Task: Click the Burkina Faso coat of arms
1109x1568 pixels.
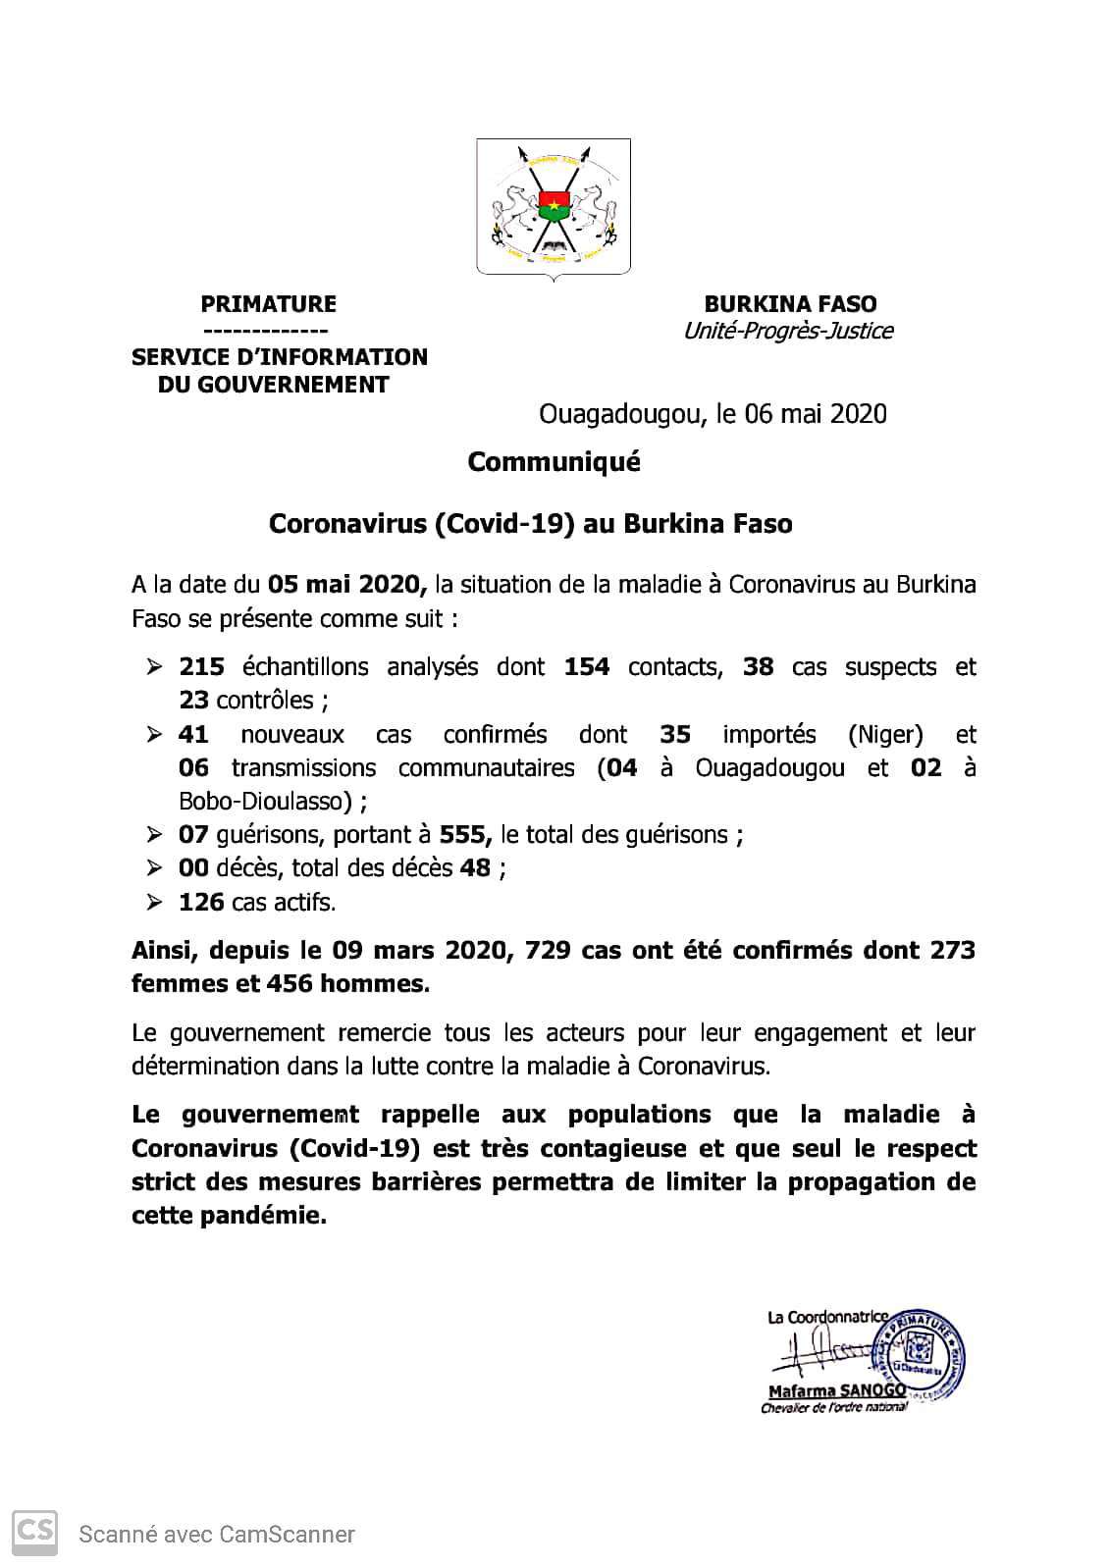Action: point(553,207)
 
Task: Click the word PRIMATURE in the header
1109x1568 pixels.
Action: point(268,304)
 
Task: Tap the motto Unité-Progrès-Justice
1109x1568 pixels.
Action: point(788,331)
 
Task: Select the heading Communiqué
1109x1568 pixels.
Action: point(554,461)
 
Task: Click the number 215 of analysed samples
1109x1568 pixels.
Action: point(201,667)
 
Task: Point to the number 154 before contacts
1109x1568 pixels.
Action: point(587,667)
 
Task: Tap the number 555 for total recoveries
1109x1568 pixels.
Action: point(466,835)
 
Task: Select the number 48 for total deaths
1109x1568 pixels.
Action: point(475,867)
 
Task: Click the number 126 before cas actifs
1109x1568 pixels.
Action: point(201,901)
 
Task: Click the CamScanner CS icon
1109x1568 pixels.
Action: point(33,1532)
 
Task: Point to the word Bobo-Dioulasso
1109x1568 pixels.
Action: point(265,801)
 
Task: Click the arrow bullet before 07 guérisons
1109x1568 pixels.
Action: point(154,835)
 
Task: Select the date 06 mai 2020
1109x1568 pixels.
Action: point(816,414)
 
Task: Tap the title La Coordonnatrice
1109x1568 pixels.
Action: point(826,1317)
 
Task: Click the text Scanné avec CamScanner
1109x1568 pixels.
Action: point(217,1534)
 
